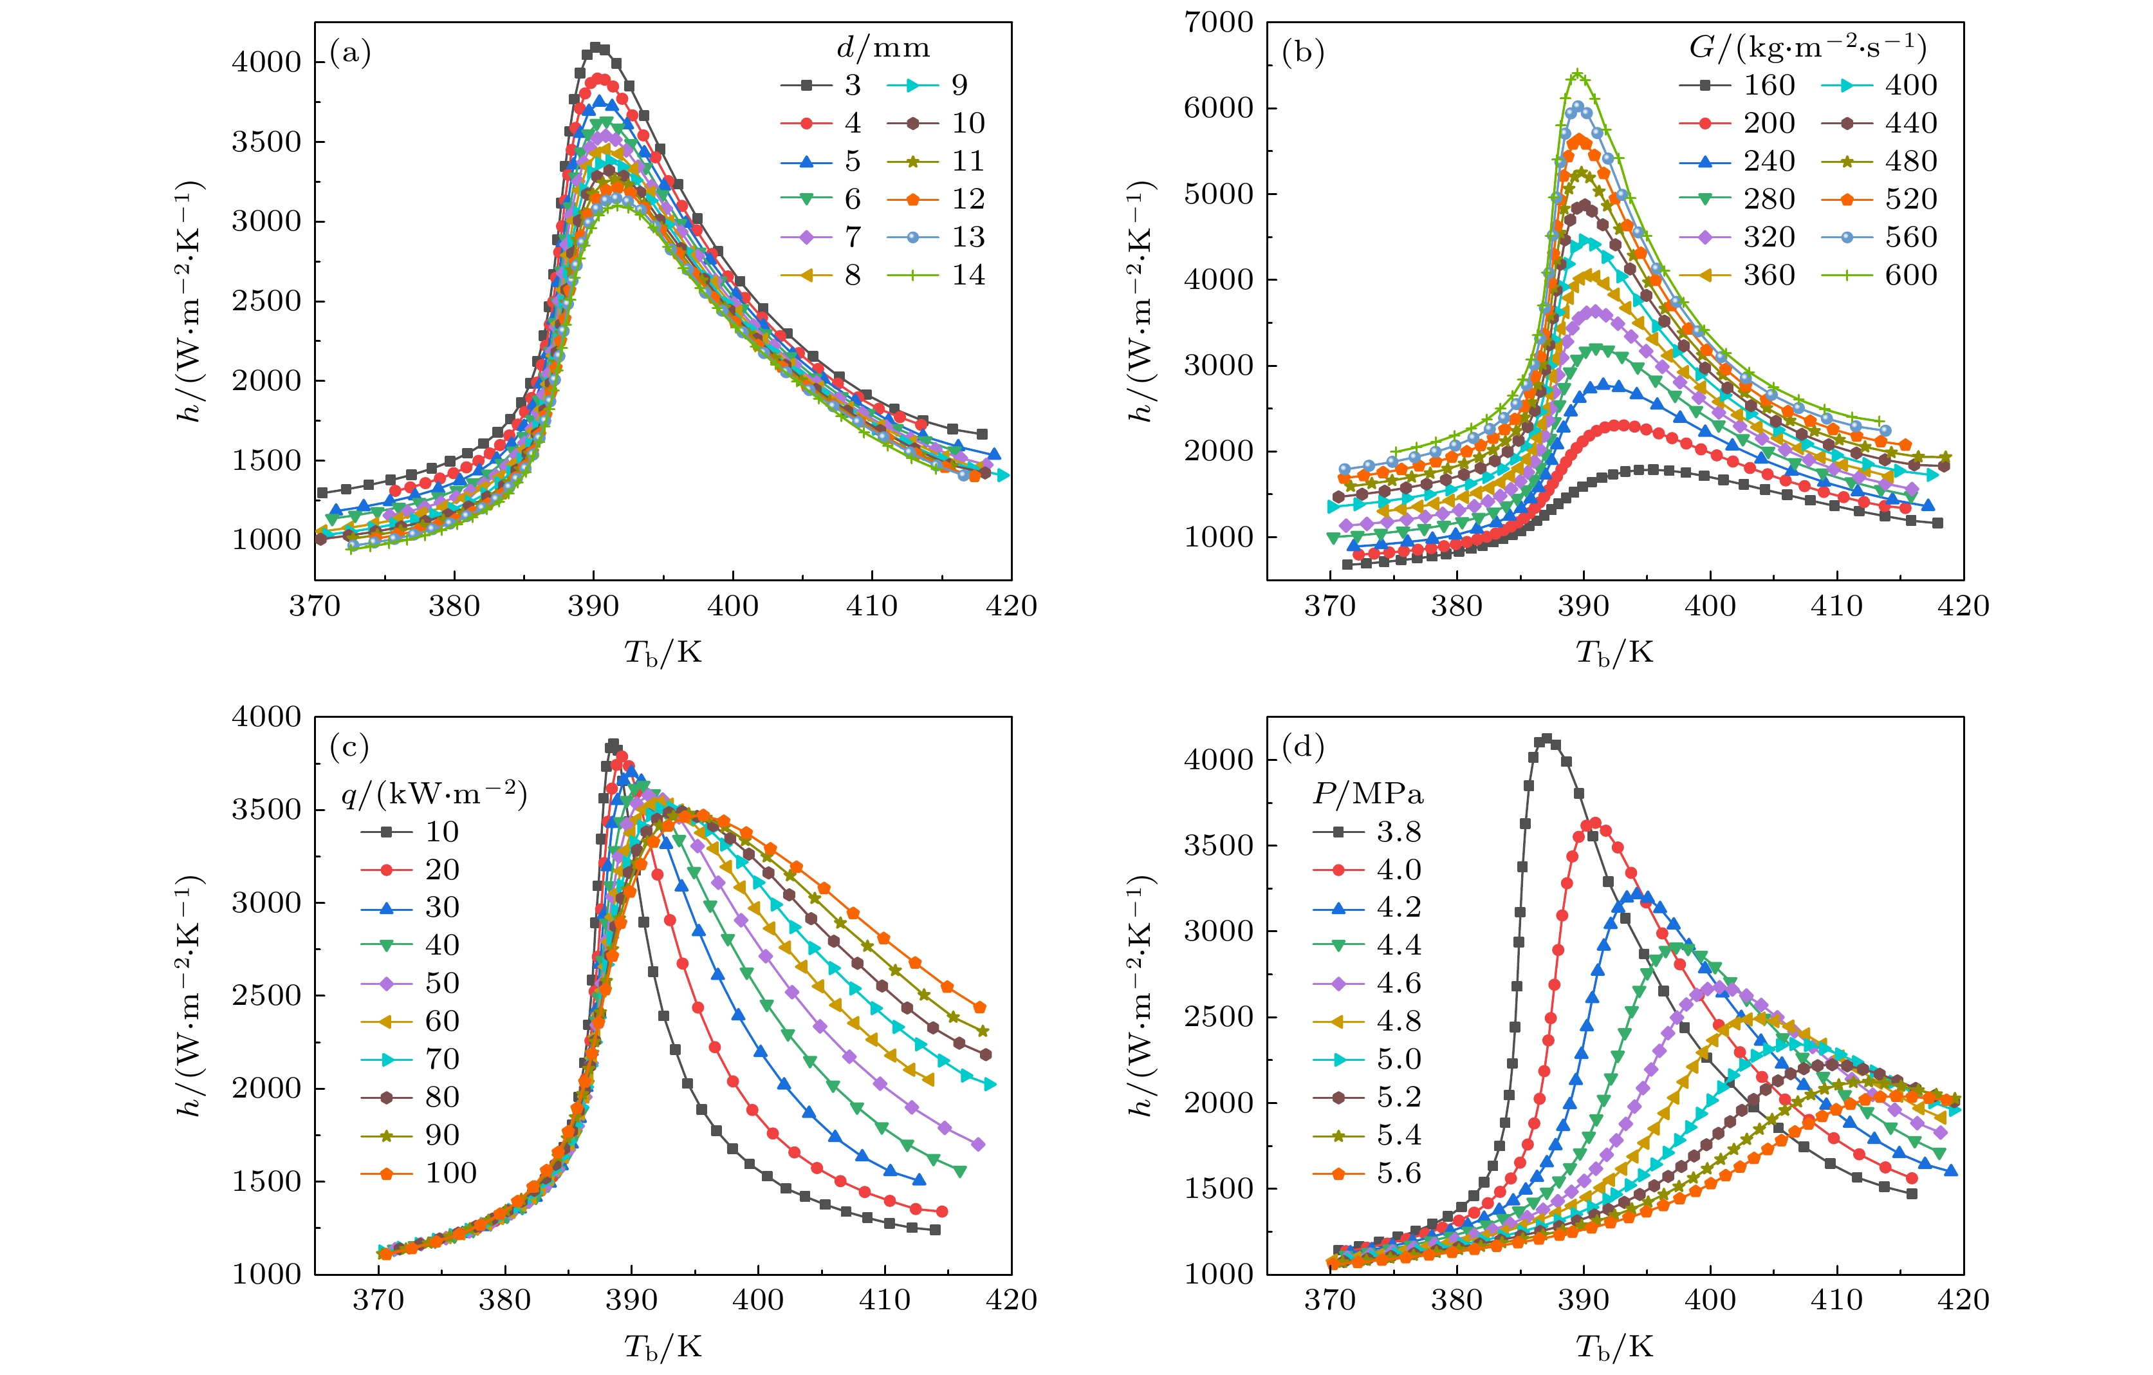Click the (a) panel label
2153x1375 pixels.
pyautogui.click(x=349, y=53)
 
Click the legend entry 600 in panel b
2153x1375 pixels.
pyautogui.click(x=1880, y=275)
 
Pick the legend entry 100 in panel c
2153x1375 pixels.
pyautogui.click(x=418, y=1173)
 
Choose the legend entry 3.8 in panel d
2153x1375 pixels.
pyautogui.click(x=1367, y=832)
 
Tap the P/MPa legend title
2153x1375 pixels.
pyautogui.click(x=1368, y=794)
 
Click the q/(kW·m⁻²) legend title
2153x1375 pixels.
pyautogui.click(x=434, y=794)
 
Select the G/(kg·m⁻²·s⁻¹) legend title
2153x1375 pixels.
pyautogui.click(x=1807, y=48)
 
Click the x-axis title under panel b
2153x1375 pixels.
pyautogui.click(x=1614, y=653)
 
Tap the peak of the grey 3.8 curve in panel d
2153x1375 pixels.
pyautogui.click(x=1547, y=739)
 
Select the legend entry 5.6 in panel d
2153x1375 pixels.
pyautogui.click(x=1367, y=1173)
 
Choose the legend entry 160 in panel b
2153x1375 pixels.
pyautogui.click(x=1737, y=85)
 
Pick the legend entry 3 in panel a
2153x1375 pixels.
pyautogui.click(x=821, y=85)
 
